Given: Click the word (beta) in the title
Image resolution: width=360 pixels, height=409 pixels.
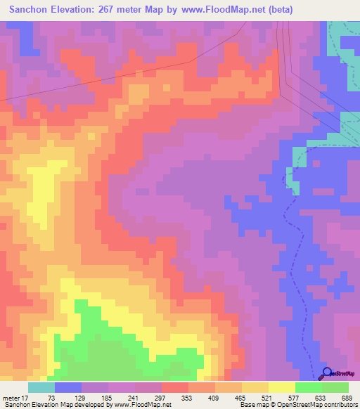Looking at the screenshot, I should (278, 10).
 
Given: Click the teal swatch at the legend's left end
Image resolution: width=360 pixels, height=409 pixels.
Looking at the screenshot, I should (41, 387).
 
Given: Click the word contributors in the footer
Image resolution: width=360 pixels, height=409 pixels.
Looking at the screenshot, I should (340, 405).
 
